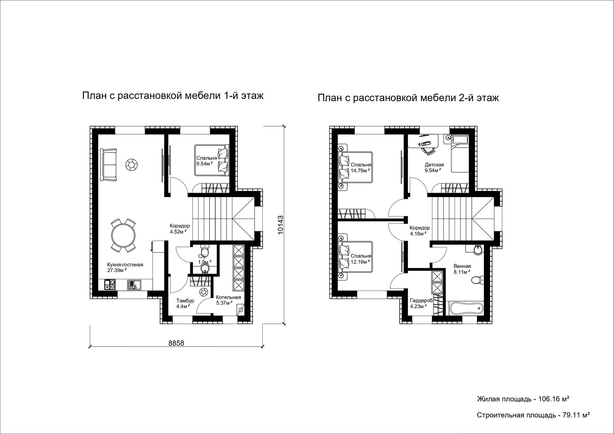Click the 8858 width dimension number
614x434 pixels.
click(176, 343)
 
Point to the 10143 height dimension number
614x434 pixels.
click(280, 225)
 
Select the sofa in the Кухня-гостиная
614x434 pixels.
click(108, 165)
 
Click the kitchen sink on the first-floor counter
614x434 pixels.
click(134, 284)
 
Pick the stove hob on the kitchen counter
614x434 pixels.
click(110, 284)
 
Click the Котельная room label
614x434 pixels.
click(228, 298)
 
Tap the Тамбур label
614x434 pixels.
click(185, 301)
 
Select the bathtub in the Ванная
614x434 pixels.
click(466, 309)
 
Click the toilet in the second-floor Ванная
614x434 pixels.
click(477, 280)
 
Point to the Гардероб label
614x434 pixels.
click(421, 301)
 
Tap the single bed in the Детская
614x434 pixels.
click(460, 154)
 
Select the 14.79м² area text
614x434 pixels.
click(360, 170)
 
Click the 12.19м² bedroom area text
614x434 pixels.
click(360, 262)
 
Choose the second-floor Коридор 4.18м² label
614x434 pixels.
click(420, 231)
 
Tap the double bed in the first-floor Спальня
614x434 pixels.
click(212, 160)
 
